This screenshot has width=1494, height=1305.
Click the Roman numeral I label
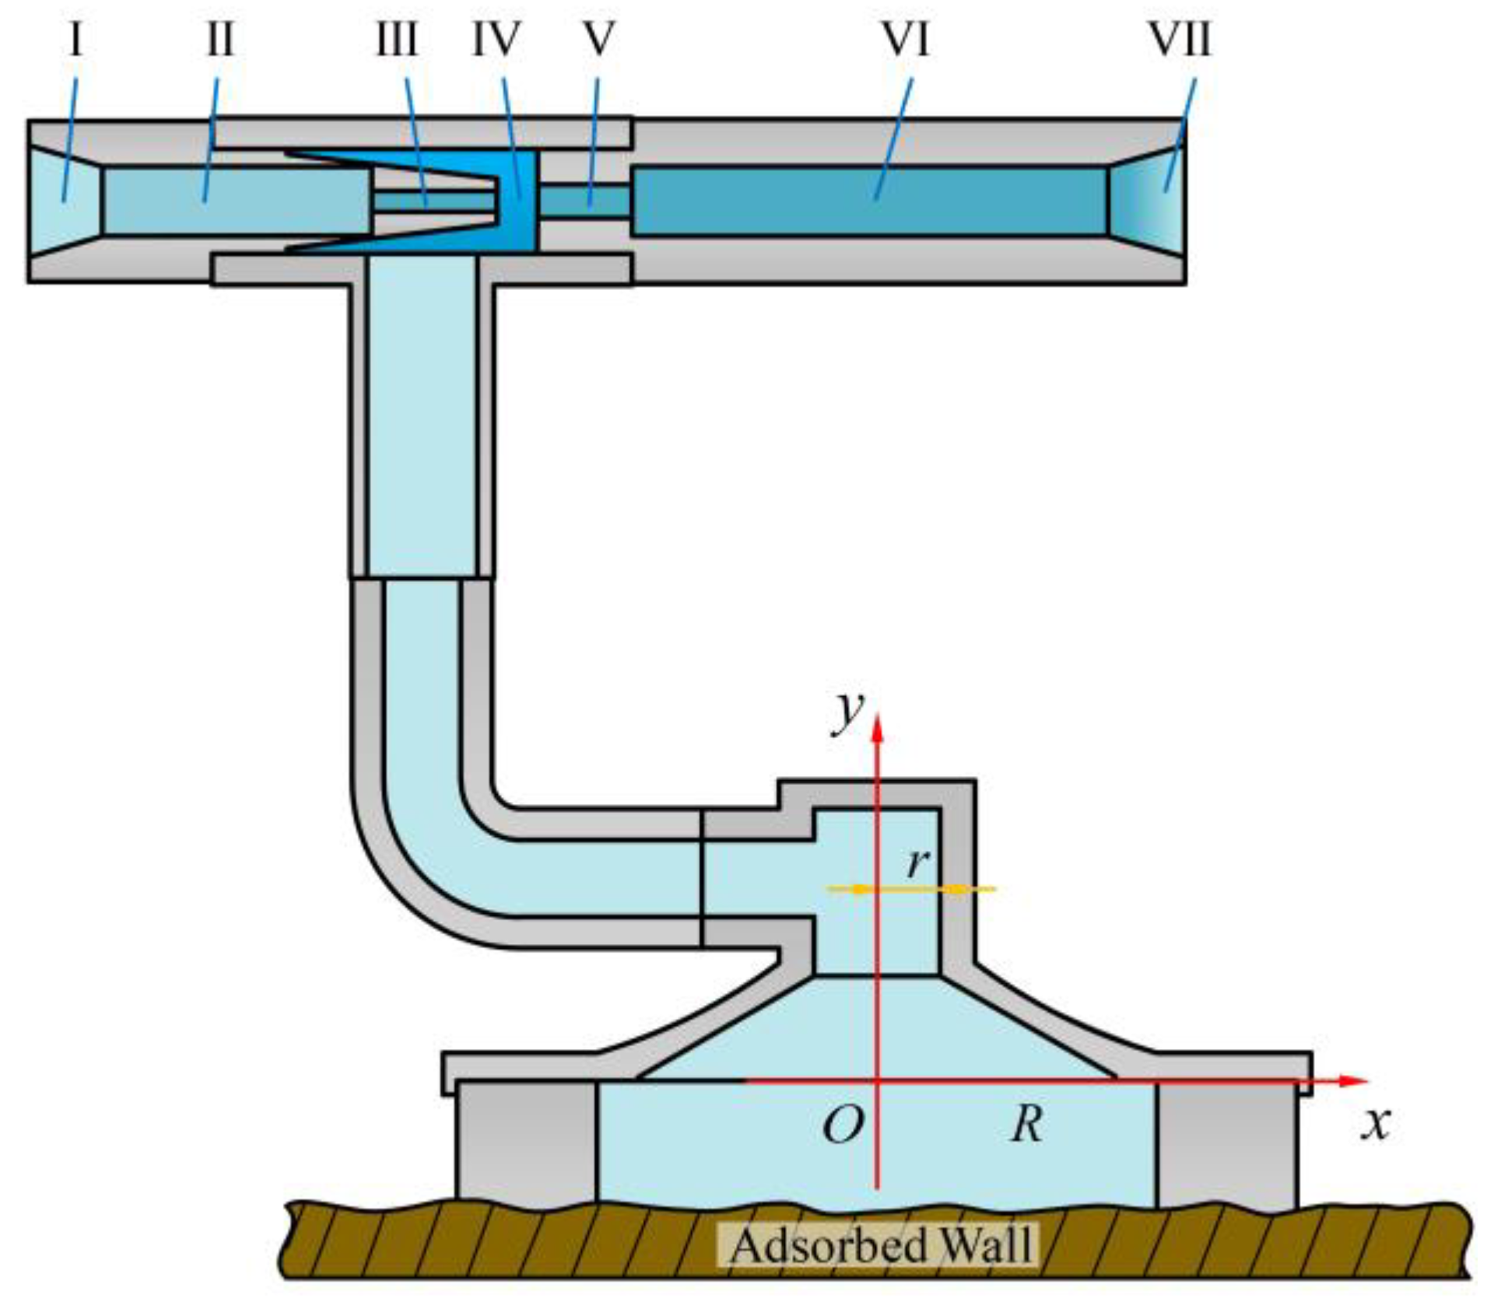(x=75, y=40)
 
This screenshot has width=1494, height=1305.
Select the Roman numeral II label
(x=220, y=40)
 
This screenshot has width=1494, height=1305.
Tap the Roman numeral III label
(x=398, y=40)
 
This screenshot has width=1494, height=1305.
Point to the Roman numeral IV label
(x=496, y=40)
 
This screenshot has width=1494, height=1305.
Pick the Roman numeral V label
(x=598, y=40)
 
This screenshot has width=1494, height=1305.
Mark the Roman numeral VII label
(x=1180, y=40)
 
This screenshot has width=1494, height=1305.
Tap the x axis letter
(x=1376, y=1122)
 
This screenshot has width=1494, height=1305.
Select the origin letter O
(x=843, y=1124)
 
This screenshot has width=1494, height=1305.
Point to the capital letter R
(x=1027, y=1124)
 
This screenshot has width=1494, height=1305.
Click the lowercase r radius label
(x=919, y=862)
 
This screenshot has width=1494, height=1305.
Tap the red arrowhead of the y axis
(x=878, y=727)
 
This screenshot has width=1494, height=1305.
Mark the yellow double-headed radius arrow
(x=910, y=888)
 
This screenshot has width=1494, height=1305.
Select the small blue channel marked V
(x=584, y=201)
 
